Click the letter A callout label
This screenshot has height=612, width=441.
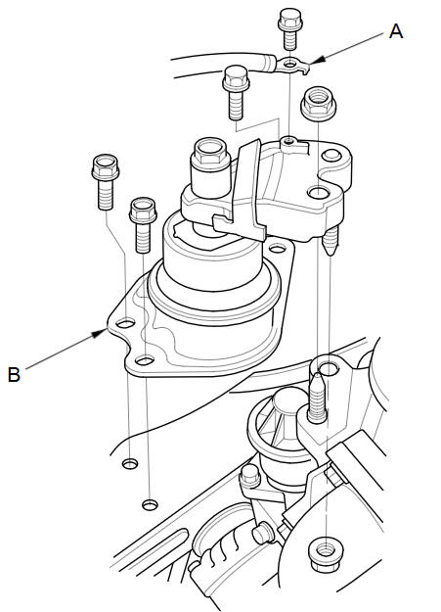pyautogui.click(x=396, y=31)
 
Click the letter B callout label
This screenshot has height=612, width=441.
pyautogui.click(x=14, y=374)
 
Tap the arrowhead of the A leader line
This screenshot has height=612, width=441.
pyautogui.click(x=318, y=60)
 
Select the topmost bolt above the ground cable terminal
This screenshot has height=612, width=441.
pyautogui.click(x=290, y=28)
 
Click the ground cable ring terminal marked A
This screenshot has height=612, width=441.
pyautogui.click(x=290, y=64)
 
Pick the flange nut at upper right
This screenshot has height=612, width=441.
pyautogui.click(x=318, y=104)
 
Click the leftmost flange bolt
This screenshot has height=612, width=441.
pyautogui.click(x=106, y=182)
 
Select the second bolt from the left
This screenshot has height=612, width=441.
pyautogui.click(x=143, y=225)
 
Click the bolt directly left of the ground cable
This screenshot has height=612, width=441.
pyautogui.click(x=236, y=92)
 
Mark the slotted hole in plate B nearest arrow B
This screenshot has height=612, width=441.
pyautogui.click(x=125, y=323)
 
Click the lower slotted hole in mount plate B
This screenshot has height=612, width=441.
pyautogui.click(x=145, y=360)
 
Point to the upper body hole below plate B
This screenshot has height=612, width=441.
pyautogui.click(x=130, y=464)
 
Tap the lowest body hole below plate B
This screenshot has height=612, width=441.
pyautogui.click(x=151, y=504)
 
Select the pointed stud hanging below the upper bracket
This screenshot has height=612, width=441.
pyautogui.click(x=331, y=241)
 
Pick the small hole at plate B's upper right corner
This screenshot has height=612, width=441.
pyautogui.click(x=277, y=249)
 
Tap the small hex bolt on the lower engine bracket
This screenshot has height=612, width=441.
pyautogui.click(x=249, y=476)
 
